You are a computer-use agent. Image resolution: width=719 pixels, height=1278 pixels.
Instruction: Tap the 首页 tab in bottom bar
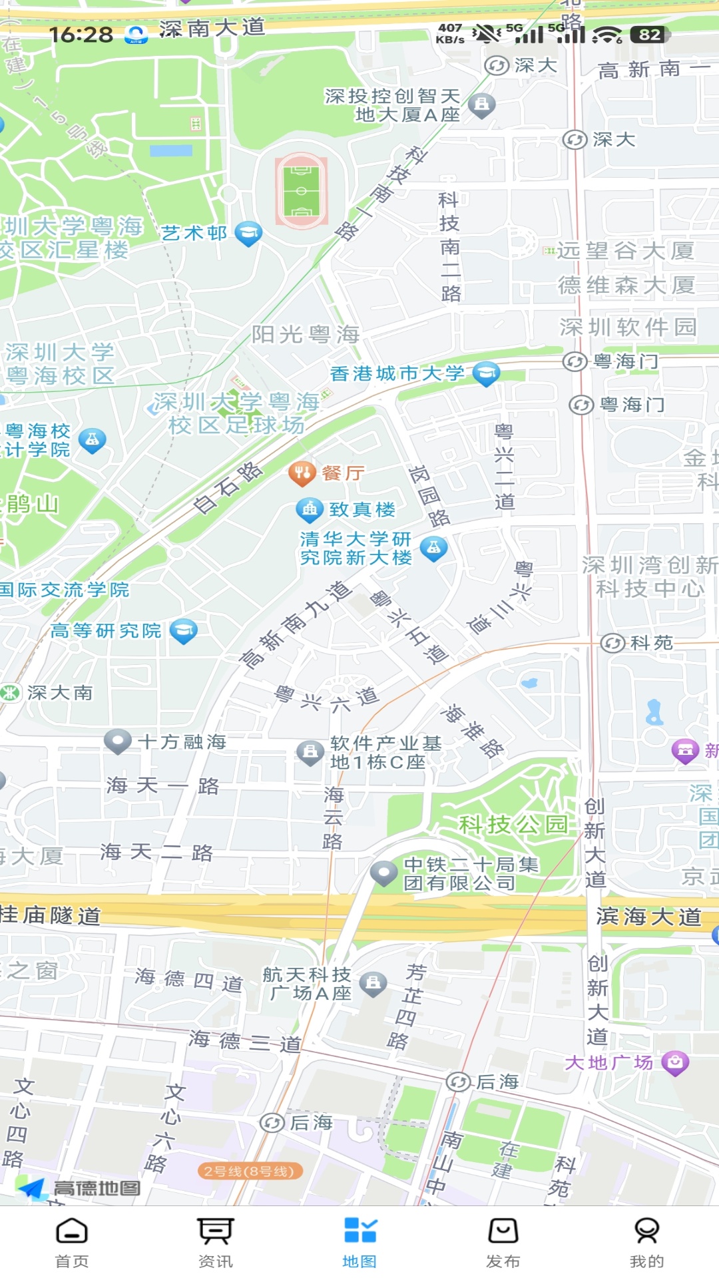point(72,1242)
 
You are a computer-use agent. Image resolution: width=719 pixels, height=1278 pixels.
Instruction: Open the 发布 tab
point(503,1242)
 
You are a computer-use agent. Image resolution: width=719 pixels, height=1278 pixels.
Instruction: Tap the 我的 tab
point(646,1242)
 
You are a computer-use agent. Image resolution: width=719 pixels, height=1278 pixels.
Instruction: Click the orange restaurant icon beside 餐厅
point(302,473)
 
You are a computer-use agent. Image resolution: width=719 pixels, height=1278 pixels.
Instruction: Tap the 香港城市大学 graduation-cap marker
point(486,373)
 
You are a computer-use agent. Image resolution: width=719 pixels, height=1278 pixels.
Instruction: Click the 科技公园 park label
point(513,825)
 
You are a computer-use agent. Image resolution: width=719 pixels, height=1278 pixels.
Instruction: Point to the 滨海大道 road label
point(648,917)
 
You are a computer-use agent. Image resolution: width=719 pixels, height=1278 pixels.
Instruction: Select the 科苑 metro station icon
point(612,643)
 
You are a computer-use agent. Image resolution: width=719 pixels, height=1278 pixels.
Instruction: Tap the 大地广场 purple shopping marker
point(675,1062)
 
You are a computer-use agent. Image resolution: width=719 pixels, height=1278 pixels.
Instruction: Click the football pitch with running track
point(301,190)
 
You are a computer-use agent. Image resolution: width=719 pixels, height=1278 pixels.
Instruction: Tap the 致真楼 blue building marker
point(310,510)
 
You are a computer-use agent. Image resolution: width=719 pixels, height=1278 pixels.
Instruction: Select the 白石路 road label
point(228,488)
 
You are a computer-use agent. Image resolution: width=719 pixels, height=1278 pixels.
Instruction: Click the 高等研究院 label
point(106,630)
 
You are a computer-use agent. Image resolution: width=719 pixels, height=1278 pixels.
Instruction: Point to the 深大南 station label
point(60,693)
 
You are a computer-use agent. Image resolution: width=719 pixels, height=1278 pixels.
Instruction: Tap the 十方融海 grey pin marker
point(118,741)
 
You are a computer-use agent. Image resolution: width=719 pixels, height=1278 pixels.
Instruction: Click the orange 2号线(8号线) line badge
point(250,1171)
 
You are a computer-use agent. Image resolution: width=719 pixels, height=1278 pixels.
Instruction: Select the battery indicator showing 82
point(649,35)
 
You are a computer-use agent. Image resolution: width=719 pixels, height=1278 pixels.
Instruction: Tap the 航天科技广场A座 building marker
point(373,983)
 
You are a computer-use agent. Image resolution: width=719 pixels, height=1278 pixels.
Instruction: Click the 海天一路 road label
point(162,786)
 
